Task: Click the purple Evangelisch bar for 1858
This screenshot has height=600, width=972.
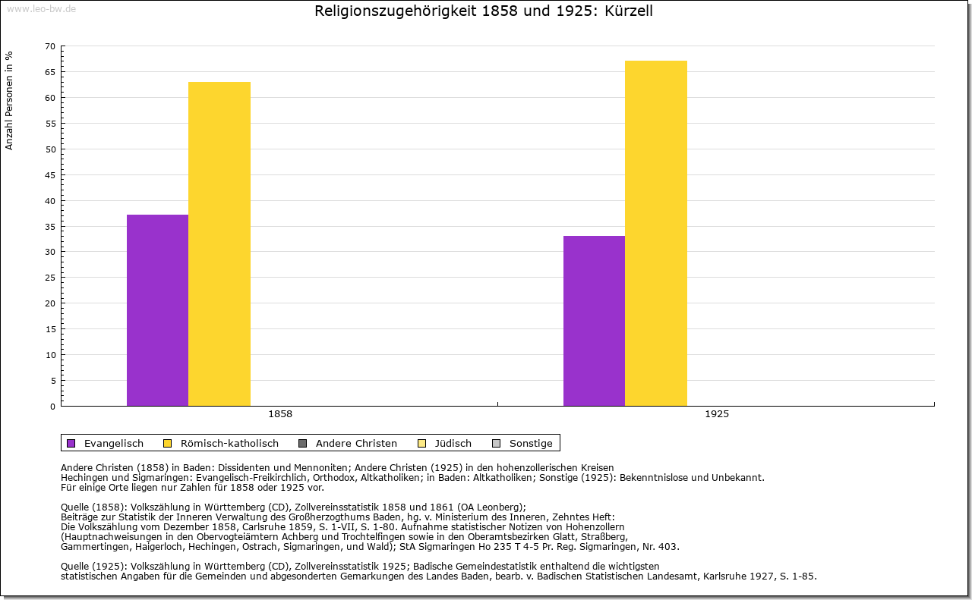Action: (157, 310)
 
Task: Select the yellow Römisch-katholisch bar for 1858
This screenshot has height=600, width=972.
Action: (219, 243)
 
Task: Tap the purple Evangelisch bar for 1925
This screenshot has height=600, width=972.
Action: (594, 321)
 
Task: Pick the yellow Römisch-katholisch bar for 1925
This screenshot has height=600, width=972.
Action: (656, 233)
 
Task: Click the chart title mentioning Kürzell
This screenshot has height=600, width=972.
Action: (484, 11)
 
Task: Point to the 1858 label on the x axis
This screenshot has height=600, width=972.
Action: (280, 414)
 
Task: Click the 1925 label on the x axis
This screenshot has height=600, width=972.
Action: (717, 414)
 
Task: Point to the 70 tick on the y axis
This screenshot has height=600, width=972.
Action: (50, 46)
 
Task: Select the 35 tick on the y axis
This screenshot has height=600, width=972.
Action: (50, 226)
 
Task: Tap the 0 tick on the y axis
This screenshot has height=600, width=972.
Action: (52, 407)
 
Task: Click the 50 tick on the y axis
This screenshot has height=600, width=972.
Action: (50, 149)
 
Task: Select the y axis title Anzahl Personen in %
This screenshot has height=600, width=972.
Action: (9, 101)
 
